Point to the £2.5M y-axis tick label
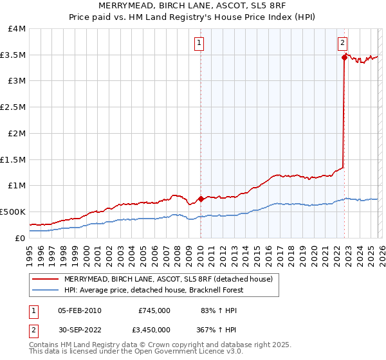[13, 107]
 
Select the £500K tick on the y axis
[13, 212]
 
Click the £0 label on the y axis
[20, 238]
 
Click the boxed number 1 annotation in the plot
[199, 44]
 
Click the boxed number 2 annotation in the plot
[342, 44]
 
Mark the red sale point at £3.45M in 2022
[344, 58]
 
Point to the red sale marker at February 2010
[201, 199]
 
